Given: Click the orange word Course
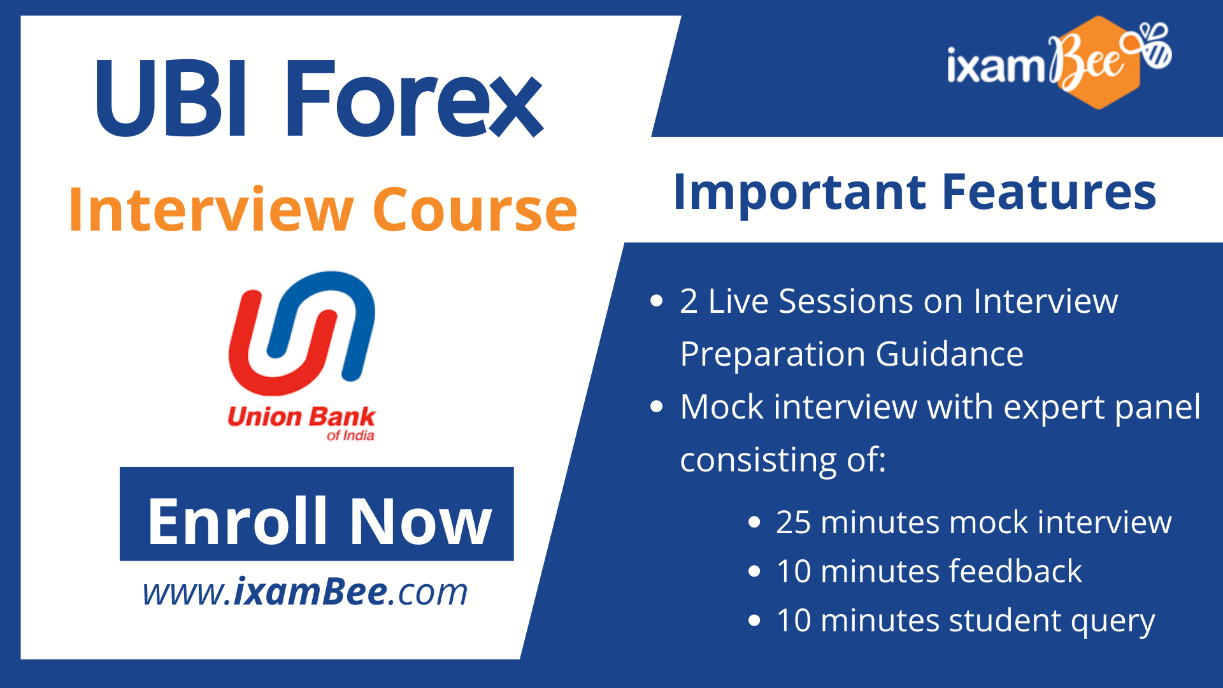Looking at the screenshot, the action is [475, 210].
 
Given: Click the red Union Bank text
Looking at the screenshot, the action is [301, 417].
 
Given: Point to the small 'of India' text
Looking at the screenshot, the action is [350, 436].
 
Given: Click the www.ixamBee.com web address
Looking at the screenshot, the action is [305, 592].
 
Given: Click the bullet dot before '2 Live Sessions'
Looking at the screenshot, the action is [657, 301].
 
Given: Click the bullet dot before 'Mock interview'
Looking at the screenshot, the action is [657, 407].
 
